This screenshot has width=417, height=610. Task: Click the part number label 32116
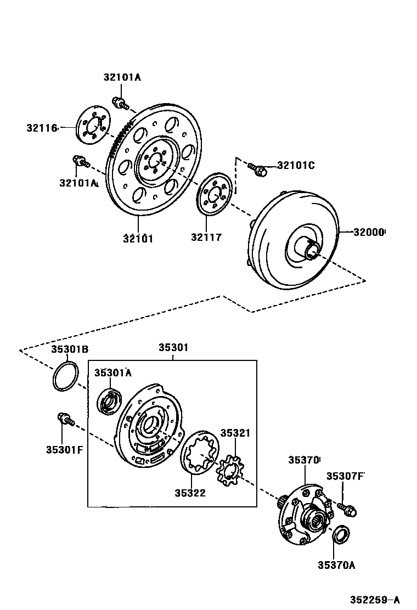pyautogui.click(x=42, y=128)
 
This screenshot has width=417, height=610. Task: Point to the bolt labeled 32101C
pyautogui.click(x=257, y=169)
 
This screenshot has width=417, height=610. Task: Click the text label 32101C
pyautogui.click(x=296, y=165)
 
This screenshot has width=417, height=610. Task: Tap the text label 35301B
pyautogui.click(x=70, y=349)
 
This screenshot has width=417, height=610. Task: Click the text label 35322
pyautogui.click(x=190, y=493)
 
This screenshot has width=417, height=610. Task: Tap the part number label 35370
pyautogui.click(x=305, y=460)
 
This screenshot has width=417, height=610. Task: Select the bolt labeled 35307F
pyautogui.click(x=347, y=507)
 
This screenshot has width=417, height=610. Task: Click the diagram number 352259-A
pyautogui.click(x=376, y=599)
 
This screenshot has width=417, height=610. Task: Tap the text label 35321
pyautogui.click(x=235, y=433)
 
